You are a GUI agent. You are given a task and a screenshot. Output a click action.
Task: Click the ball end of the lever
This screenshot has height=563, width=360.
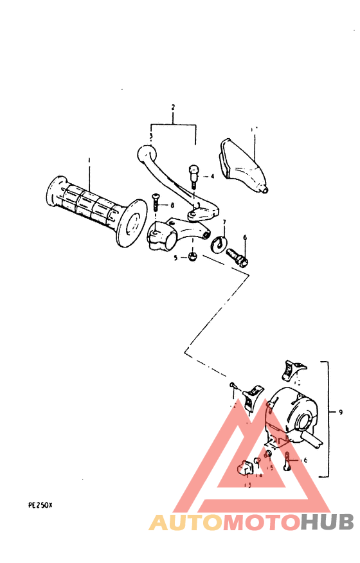pyautogui.click(x=145, y=154)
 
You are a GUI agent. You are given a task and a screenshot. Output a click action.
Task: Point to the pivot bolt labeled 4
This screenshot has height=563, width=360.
pyautogui.click(x=193, y=175)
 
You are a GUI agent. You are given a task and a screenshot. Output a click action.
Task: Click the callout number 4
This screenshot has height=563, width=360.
pyautogui.click(x=212, y=175)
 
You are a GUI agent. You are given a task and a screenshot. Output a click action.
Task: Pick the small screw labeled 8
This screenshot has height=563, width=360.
pyautogui.click(x=156, y=205)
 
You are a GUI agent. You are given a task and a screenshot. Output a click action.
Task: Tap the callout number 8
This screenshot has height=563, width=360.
pyautogui.click(x=172, y=205)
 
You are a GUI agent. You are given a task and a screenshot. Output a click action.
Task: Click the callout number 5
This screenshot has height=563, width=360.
pyautogui.click(x=175, y=258)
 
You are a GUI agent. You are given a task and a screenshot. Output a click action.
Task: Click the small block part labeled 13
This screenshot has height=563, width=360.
pyautogui.click(x=245, y=468)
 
